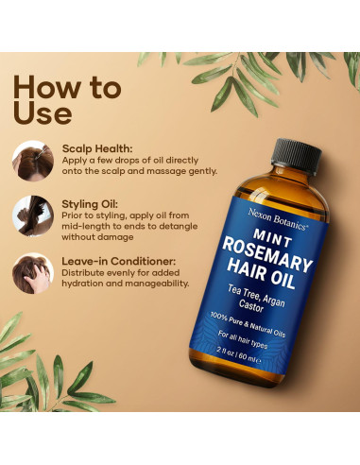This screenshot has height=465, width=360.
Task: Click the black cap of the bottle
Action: coord(297,156)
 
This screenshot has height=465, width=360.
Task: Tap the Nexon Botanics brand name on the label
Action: coord(277,219)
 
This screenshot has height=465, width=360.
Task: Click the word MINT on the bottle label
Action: coord(273,238)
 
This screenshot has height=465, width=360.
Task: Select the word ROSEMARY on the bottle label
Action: coord(267,255)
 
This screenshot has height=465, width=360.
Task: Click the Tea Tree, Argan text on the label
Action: coord(256,296)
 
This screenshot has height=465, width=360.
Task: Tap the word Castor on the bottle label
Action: coord(251,305)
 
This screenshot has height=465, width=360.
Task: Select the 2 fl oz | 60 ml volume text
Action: coord(238,355)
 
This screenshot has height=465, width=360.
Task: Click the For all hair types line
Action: coord(243,339)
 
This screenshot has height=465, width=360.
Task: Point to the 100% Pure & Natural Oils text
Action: coord(248,324)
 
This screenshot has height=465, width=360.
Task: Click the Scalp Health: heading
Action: coord(97,148)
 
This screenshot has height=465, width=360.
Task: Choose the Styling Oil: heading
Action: coord(90,204)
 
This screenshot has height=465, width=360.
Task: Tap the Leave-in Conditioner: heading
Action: coord(119,261)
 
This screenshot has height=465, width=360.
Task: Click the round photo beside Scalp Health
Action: coord(33,161)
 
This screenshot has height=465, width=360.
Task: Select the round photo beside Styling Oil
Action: coord(33,215)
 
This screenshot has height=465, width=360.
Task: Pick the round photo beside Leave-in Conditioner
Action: coord(33,273)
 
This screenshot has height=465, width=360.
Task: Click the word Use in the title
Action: coord(43,112)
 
